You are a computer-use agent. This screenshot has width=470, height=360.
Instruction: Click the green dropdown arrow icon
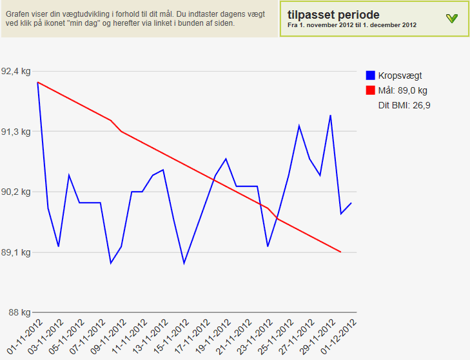[x=451, y=19]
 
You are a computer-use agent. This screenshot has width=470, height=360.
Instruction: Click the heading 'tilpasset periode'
[x=333, y=14]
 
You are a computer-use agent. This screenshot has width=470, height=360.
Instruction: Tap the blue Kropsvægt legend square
[x=371, y=75]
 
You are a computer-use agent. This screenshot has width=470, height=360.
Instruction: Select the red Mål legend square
[x=371, y=90]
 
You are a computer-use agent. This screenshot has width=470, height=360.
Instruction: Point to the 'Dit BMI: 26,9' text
[x=404, y=105]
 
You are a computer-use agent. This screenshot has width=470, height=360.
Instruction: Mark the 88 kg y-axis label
[x=19, y=312]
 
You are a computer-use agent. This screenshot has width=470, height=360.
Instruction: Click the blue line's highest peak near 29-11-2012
[x=330, y=115]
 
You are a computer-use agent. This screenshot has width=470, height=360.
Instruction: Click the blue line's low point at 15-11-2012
[x=184, y=263]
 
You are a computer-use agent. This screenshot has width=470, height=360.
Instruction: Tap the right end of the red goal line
[x=340, y=252]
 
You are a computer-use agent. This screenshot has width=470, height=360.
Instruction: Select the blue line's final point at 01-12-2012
[x=351, y=203]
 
